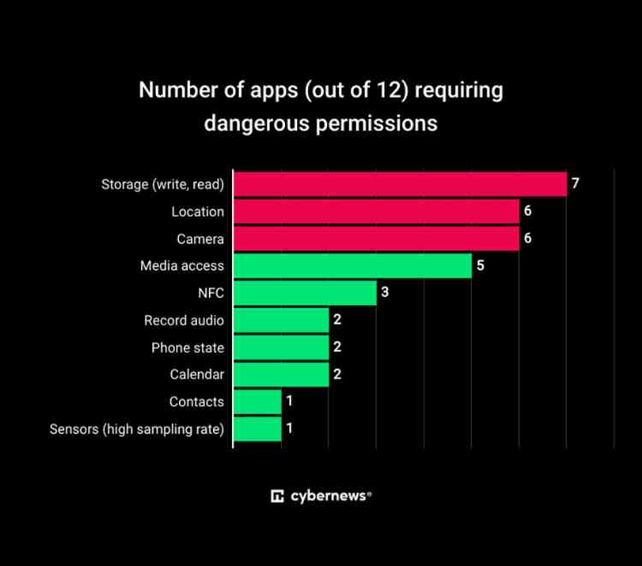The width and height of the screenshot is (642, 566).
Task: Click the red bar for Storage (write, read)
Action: click(400, 184)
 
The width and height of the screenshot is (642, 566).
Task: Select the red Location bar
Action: click(376, 212)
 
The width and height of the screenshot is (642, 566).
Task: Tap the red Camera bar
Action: click(376, 238)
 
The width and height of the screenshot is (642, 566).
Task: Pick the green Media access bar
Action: click(352, 265)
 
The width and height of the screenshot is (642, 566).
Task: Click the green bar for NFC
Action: click(305, 293)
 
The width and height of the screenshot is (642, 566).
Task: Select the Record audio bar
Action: click(281, 320)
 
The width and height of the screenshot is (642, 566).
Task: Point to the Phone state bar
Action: click(281, 348)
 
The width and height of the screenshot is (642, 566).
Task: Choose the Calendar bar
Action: click(281, 374)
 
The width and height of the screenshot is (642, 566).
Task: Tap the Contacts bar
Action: click(257, 402)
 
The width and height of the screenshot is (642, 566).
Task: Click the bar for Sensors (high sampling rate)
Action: click(257, 429)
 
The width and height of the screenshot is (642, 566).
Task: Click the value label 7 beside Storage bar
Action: click(576, 184)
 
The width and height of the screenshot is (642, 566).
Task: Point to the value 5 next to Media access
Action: click(480, 265)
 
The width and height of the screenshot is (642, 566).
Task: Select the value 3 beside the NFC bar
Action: click(385, 293)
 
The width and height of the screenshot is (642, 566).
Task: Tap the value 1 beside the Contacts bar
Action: click(289, 402)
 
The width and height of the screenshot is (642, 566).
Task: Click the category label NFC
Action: click(210, 293)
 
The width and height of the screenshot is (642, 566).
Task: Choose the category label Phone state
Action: click(187, 348)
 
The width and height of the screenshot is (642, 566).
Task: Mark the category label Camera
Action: click(200, 239)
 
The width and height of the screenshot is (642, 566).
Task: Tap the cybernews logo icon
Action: click(277, 496)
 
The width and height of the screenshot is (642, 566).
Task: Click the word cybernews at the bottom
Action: click(328, 496)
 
